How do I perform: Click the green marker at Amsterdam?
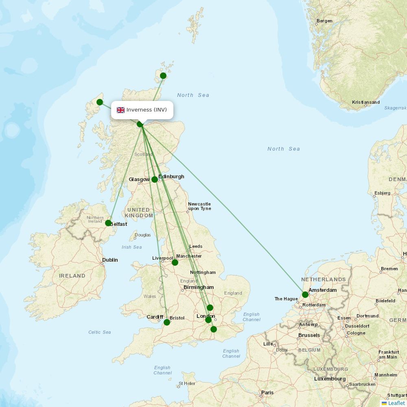coord(305,295)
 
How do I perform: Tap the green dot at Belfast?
coord(108,223)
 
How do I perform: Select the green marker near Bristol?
coord(167,322)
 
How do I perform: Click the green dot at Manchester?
coord(175,263)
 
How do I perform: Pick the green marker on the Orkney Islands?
coord(163,76)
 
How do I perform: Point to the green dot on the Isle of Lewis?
coord(100,102)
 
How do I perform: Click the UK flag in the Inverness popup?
coord(121,110)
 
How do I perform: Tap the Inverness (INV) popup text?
coord(147,110)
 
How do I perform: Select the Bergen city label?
coord(324,21)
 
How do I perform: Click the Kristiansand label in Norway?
coord(366,102)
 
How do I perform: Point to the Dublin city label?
coord(110,260)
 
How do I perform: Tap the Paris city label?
coord(267,393)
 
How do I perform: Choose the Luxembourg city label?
coord(330,379)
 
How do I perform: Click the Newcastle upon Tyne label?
coord(199,206)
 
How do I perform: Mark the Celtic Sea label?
coord(100,332)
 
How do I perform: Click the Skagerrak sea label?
coord(395,108)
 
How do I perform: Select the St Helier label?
coord(187,383)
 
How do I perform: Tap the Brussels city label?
coord(309,335)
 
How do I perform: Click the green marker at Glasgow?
coord(155,179)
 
